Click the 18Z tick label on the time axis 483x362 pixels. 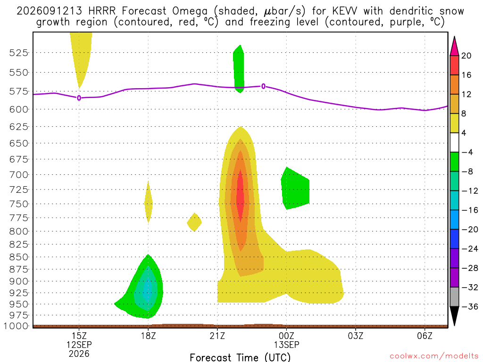[148, 336]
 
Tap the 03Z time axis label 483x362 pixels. [356, 336]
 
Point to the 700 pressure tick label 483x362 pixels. [19, 175]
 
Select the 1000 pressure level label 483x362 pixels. [17, 326]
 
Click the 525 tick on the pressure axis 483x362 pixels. [19, 53]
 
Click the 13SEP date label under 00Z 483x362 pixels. [286, 345]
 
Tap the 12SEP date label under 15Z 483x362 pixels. [79, 345]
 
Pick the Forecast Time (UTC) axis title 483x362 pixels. [240, 357]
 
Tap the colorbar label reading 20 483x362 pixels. [466, 56]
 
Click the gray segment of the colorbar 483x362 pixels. [454, 297]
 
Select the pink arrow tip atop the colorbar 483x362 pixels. [454, 37]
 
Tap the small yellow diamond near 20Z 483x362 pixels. [194, 222]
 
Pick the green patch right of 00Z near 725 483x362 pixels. [295, 189]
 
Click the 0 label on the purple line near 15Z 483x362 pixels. [79, 98]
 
